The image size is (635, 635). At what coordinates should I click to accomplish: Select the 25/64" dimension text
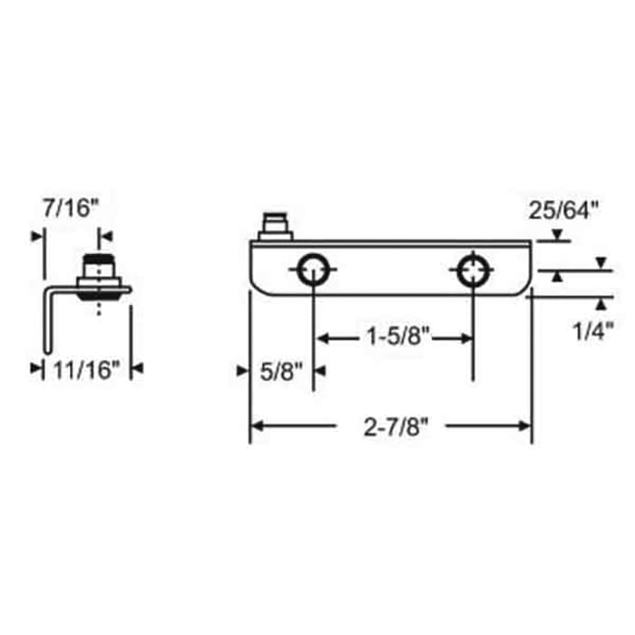pos(564,211)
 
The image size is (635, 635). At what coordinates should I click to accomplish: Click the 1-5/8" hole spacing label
pos(396,337)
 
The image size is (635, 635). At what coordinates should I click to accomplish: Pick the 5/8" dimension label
pos(278,369)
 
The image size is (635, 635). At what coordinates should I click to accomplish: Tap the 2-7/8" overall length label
pos(392,425)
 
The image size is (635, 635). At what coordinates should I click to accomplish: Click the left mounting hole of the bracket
pos(313,269)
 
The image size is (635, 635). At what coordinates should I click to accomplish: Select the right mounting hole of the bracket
pos(473,269)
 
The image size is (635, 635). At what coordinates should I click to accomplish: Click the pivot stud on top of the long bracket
pos(273,226)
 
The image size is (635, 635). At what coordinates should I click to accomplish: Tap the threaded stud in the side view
pos(99,269)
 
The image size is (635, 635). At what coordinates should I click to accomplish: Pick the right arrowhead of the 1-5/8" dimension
pos(466,337)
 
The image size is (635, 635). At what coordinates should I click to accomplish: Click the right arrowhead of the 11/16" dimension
pos(136,369)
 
